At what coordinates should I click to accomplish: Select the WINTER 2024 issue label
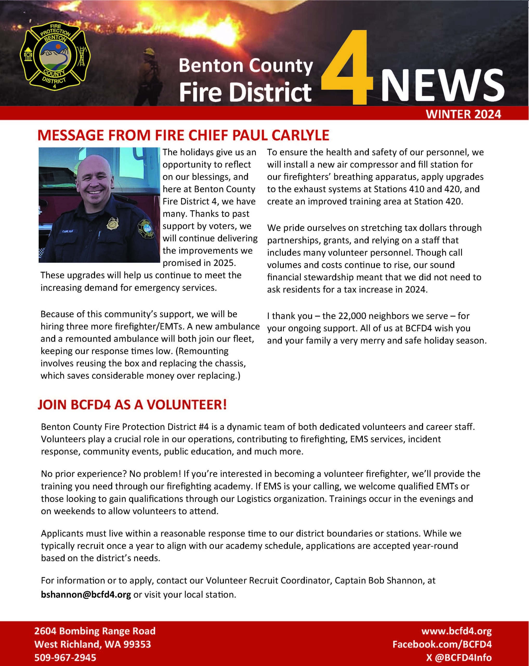pyautogui.click(x=463, y=114)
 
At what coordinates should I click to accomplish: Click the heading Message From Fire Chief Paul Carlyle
pyautogui.click(x=183, y=135)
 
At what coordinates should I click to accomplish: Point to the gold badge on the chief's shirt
pyautogui.click(x=112, y=223)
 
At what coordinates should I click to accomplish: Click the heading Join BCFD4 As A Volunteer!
pyautogui.click(x=132, y=405)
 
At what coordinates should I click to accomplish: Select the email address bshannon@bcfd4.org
pyautogui.click(x=86, y=595)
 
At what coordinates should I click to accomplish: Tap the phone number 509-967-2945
pyautogui.click(x=65, y=658)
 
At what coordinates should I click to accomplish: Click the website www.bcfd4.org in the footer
pyautogui.click(x=456, y=631)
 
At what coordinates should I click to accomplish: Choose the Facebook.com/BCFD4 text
pyautogui.click(x=442, y=644)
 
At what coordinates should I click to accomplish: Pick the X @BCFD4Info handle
pyautogui.click(x=459, y=658)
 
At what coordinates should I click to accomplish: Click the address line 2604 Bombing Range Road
pyautogui.click(x=95, y=631)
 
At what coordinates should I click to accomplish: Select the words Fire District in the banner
pyautogui.click(x=245, y=92)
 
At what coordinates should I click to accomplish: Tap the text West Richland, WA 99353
pyautogui.click(x=93, y=644)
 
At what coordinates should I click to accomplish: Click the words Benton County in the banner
pyautogui.click(x=246, y=66)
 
